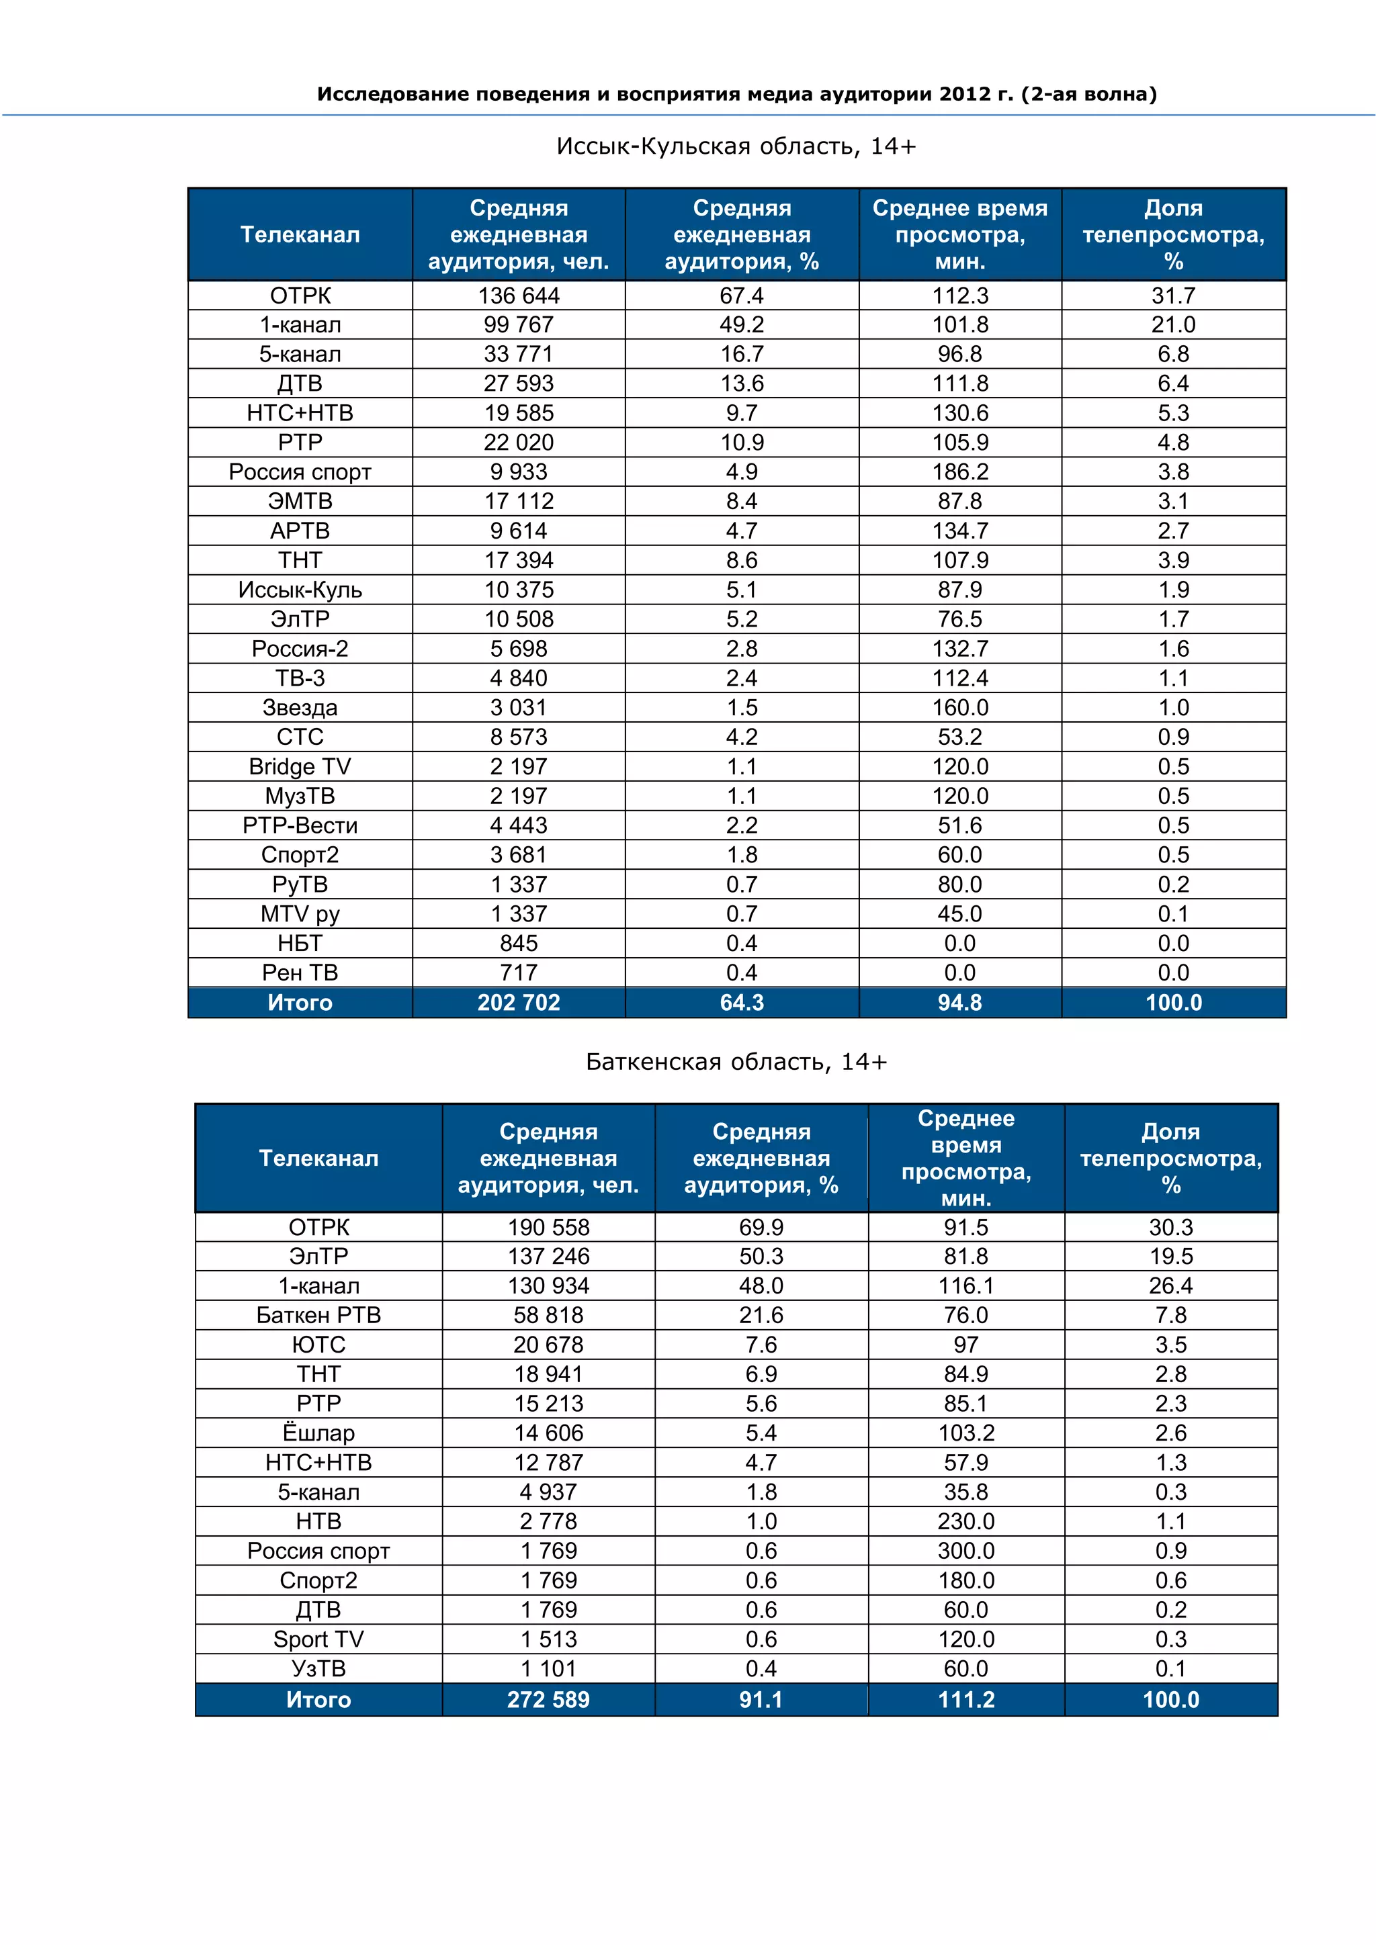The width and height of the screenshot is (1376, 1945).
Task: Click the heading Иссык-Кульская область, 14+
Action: point(736,146)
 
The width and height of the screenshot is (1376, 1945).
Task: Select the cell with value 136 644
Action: point(519,296)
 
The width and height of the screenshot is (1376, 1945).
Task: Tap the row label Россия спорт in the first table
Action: point(300,472)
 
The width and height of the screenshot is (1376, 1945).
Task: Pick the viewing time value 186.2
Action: point(960,472)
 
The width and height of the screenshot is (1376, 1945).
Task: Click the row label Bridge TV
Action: point(300,766)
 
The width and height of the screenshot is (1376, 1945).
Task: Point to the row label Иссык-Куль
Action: point(300,590)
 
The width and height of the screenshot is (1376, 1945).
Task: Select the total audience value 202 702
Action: point(519,1003)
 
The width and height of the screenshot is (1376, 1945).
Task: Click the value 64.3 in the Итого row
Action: point(741,1003)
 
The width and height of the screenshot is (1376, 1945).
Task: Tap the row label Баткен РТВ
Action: point(318,1316)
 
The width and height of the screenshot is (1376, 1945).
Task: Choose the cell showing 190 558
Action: point(548,1228)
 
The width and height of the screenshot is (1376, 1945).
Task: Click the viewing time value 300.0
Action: point(966,1551)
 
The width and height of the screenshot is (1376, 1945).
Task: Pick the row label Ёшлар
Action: point(318,1433)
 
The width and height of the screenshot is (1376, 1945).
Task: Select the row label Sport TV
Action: point(318,1639)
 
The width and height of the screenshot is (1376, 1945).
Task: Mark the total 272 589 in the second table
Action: point(548,1700)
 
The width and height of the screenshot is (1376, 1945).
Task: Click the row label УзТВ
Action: point(318,1669)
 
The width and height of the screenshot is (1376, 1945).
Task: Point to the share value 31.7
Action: point(1174,296)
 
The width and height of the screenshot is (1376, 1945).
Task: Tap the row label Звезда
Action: point(300,707)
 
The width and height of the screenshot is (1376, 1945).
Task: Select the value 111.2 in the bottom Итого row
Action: point(966,1700)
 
